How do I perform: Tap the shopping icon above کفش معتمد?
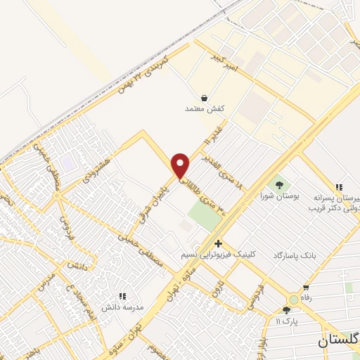204,98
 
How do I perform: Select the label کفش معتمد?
204,109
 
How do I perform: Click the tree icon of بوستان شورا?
280,185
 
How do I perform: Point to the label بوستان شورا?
280,196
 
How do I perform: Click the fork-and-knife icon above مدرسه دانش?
123,297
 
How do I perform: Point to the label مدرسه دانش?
123,308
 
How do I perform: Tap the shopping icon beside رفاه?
306,288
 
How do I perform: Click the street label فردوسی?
247,296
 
